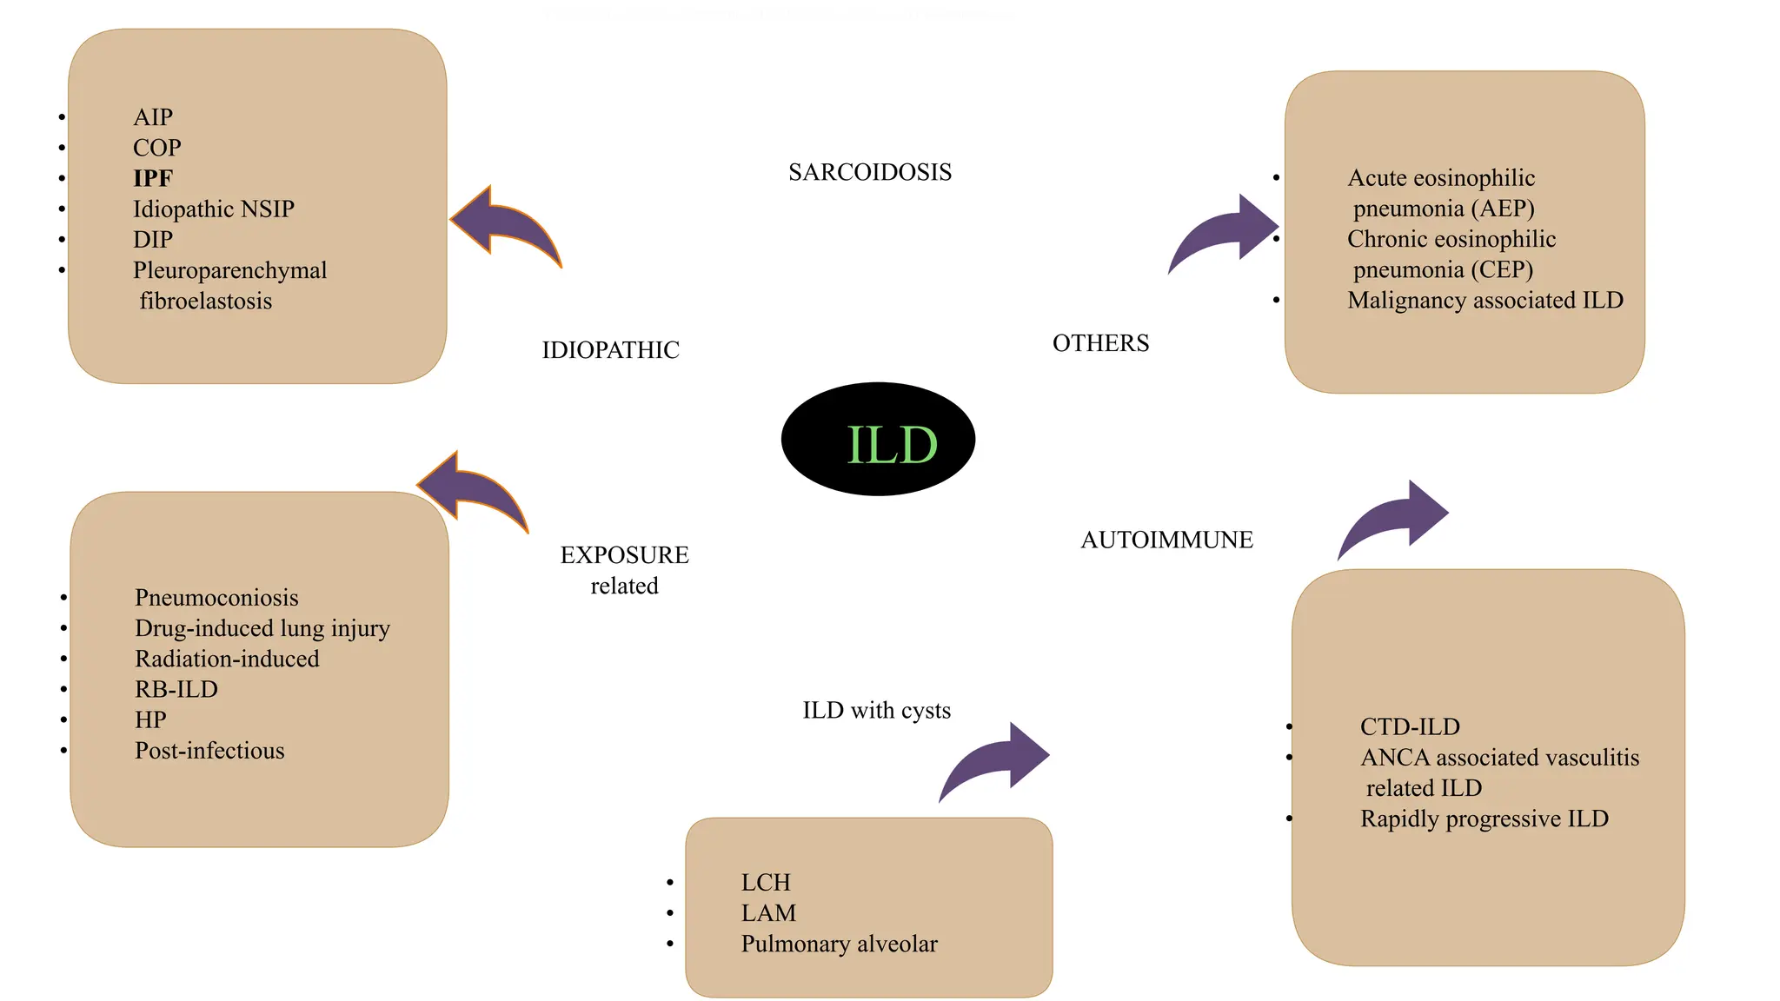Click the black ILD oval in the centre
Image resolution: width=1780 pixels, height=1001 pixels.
tap(878, 440)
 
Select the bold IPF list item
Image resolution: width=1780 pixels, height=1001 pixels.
tap(153, 178)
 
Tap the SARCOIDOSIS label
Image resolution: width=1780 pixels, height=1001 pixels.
tap(870, 172)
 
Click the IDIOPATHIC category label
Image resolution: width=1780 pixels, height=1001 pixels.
tap(610, 350)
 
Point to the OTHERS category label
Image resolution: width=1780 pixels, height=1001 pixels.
tap(1100, 343)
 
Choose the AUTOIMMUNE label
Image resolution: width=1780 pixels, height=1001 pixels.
tap(1166, 540)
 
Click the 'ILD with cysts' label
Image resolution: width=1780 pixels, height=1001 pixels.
tap(876, 711)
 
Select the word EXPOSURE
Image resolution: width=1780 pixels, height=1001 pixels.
tap(624, 555)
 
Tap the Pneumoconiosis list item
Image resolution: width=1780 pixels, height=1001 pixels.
tap(216, 598)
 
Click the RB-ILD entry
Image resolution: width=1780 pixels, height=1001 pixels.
tap(176, 689)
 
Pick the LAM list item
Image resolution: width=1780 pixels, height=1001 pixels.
tap(768, 913)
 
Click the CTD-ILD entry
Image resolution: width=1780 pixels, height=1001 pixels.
tap(1410, 726)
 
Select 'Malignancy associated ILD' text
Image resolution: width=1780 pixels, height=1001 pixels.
tap(1484, 301)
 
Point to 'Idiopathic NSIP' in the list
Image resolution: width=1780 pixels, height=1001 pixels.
tap(214, 209)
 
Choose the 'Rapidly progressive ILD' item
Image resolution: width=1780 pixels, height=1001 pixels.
tap(1484, 819)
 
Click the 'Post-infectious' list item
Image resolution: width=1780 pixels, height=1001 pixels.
tap(209, 751)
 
